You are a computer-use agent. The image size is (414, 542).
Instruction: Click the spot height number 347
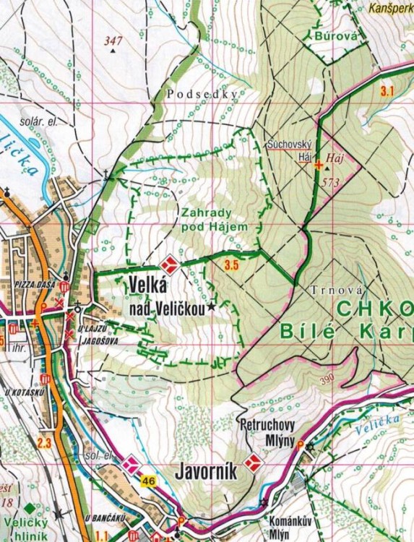pos(113,40)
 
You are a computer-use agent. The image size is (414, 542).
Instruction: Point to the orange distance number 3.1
pos(387,91)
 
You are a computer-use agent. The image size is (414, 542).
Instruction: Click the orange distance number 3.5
pos(231,265)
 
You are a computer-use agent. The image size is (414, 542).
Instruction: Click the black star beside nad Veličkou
pos(211,308)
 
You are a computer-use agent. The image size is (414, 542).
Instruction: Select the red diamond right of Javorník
pos(252,463)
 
